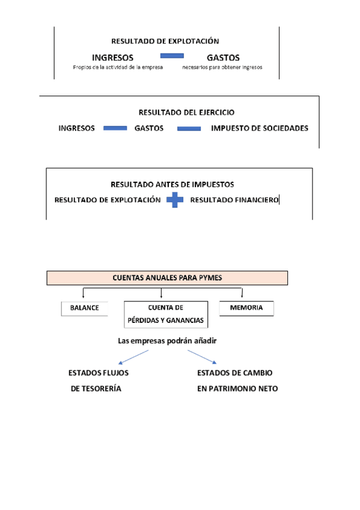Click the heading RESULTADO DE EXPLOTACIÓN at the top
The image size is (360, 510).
coord(165,41)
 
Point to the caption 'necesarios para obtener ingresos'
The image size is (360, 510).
coord(222,67)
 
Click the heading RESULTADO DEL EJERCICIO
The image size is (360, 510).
coord(186,112)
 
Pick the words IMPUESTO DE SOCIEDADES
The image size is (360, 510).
coord(260,128)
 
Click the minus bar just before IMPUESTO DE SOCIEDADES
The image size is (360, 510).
coord(189,128)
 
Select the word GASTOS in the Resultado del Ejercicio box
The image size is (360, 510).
coord(148,128)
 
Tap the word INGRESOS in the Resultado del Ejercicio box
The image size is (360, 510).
coord(76,128)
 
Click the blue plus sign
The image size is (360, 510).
coord(175,200)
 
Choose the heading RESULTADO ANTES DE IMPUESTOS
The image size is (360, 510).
coord(172,185)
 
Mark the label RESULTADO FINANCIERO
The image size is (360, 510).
coord(234,200)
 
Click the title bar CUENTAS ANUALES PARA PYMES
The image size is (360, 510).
coord(168,278)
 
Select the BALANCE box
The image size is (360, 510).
coord(85,308)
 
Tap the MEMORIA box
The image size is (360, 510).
coord(246,308)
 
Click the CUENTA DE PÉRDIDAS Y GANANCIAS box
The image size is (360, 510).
coord(166,314)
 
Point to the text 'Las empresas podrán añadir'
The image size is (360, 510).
coord(167,341)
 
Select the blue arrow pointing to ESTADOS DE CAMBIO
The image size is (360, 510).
coord(203,357)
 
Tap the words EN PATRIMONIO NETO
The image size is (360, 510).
coord(237,389)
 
